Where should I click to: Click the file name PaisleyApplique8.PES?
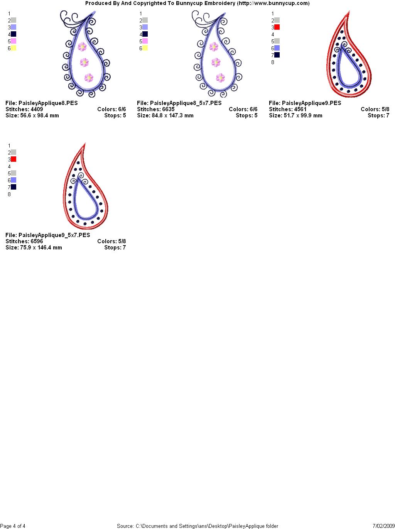tap(48, 103)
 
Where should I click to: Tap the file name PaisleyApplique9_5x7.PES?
tap(54, 235)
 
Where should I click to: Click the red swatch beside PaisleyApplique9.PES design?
tap(277, 27)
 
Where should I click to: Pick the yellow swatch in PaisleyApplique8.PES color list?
tap(14, 48)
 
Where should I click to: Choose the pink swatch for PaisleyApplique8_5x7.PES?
tap(145, 41)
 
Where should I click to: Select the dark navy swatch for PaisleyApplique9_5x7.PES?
tap(14, 187)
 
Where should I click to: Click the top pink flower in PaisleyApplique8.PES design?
tap(82, 46)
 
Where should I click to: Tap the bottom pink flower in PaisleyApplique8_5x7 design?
tap(220, 78)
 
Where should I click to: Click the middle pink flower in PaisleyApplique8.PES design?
tap(84, 63)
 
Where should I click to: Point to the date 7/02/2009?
tap(384, 526)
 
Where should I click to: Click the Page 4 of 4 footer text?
tap(12, 526)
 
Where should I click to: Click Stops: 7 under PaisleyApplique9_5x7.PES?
tap(115, 248)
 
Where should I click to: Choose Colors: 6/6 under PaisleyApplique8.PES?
tap(111, 109)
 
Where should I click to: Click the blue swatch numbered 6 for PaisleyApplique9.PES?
tap(277, 48)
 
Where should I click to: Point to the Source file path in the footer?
tap(197, 526)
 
